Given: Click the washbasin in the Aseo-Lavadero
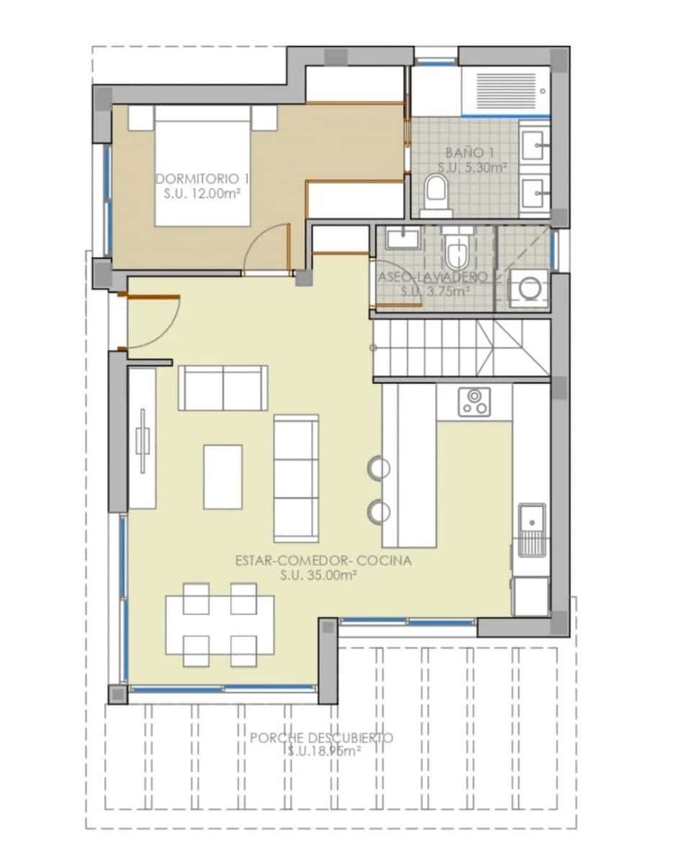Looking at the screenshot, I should (398, 237).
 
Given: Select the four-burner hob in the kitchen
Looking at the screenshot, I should (475, 401).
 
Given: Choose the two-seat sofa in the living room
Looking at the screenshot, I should (223, 387).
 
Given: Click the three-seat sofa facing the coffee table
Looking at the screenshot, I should (296, 478).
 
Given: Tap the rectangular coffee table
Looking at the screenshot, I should (222, 477).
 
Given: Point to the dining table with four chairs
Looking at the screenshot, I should (220, 624).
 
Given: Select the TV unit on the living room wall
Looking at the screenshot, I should (143, 438).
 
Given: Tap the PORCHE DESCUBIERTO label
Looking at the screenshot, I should (322, 738).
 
